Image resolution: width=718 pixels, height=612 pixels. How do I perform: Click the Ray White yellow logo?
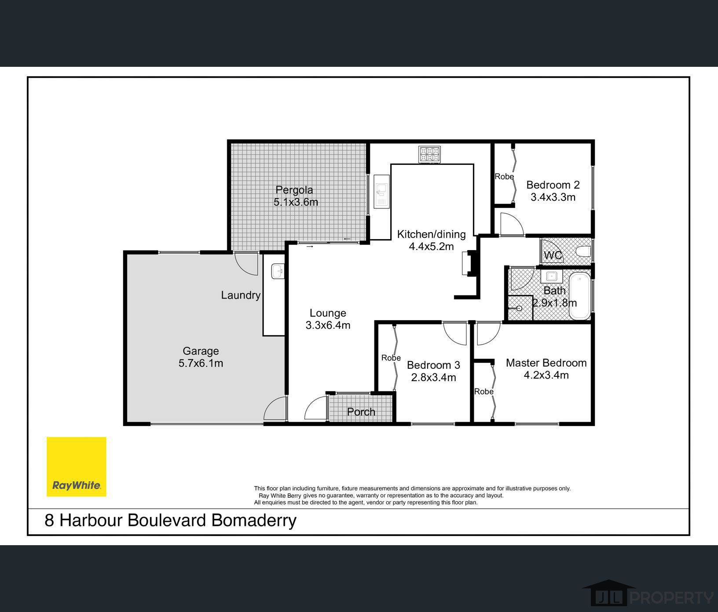(77, 466)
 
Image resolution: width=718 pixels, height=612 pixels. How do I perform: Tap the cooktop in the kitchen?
(429, 155)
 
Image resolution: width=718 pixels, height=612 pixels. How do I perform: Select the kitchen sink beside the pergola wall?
(381, 191)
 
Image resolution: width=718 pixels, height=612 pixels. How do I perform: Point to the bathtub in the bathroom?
(580, 296)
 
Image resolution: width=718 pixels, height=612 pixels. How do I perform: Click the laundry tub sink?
(278, 271)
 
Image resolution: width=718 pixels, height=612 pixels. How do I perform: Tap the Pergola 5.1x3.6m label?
(295, 196)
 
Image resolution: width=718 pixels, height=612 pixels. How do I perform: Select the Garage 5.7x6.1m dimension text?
(201, 363)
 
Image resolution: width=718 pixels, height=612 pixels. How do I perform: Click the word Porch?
(361, 412)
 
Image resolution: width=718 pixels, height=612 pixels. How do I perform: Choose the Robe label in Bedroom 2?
(504, 176)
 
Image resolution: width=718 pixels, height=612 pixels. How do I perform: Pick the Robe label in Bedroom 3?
(391, 358)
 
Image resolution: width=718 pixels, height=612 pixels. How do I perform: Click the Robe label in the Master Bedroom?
(484, 391)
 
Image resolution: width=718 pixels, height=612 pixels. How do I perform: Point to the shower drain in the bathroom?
(519, 308)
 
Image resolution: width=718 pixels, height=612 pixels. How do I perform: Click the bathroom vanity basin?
(552, 277)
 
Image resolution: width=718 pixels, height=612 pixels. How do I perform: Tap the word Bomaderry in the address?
(254, 520)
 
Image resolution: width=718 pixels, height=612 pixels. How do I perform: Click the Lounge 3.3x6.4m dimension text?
(328, 325)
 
